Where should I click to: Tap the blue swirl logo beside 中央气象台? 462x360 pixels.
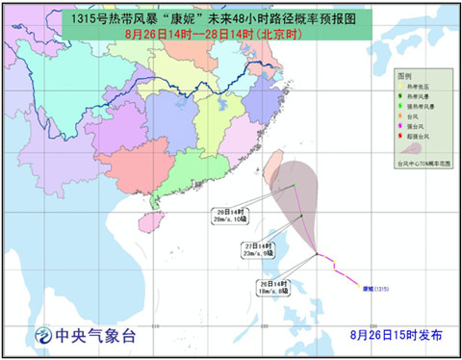42,336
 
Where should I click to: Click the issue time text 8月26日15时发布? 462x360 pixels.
395,335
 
